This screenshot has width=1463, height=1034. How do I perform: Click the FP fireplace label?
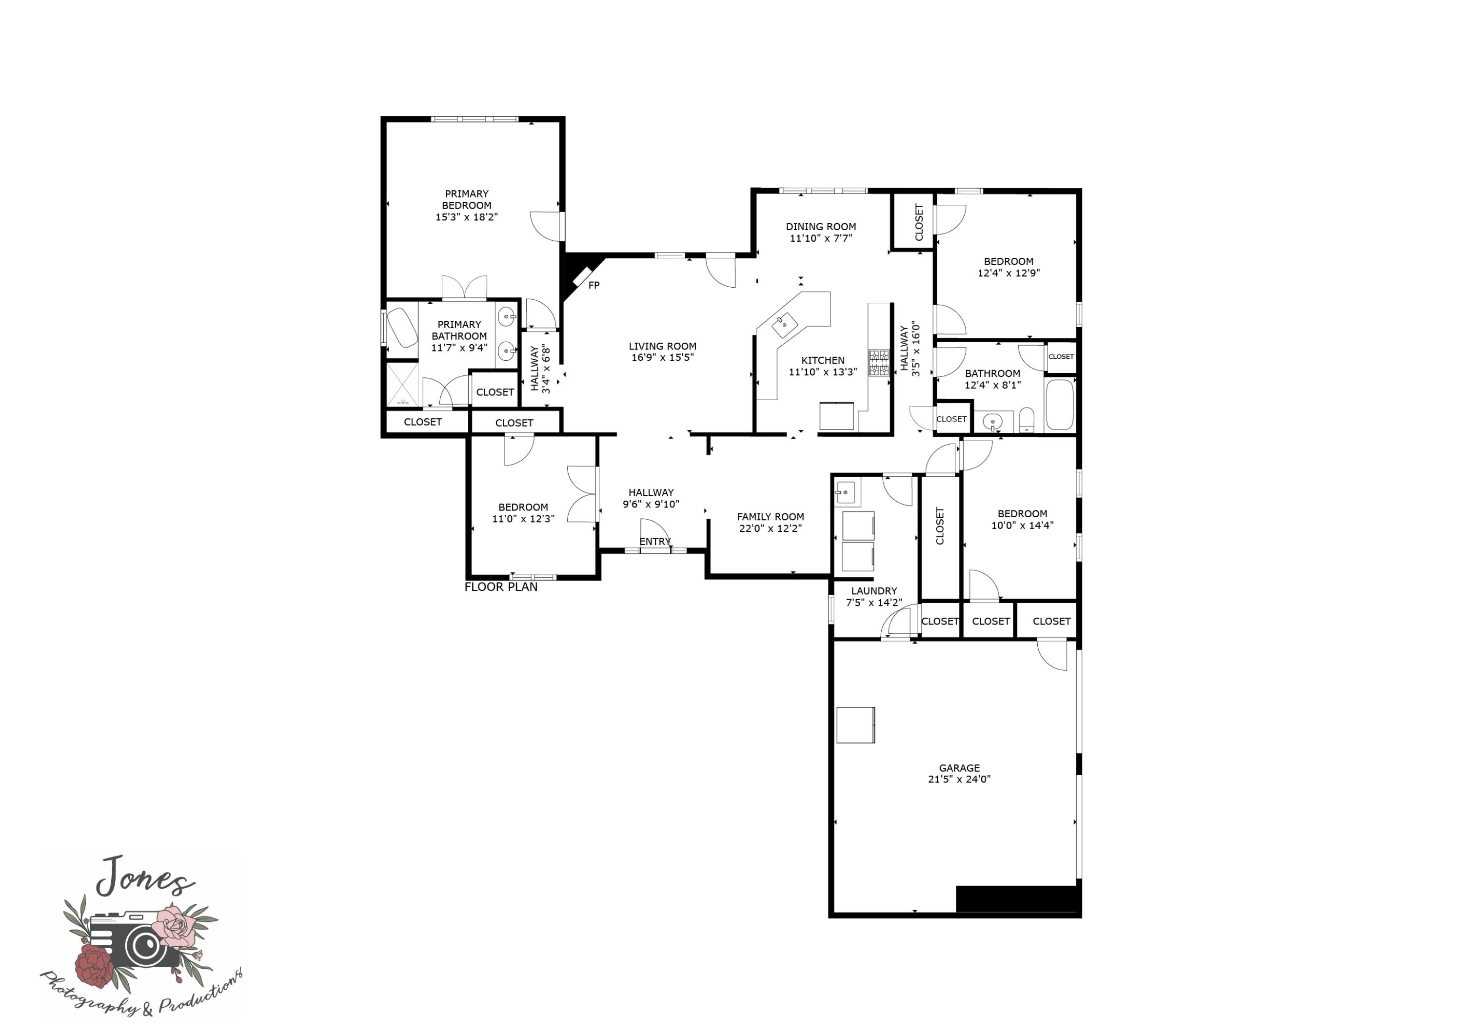point(594,285)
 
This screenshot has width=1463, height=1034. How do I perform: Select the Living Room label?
point(663,347)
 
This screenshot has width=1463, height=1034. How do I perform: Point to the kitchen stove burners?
point(879,363)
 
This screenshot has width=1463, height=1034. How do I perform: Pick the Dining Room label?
point(821,227)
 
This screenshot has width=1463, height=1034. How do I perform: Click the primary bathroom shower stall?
point(403,384)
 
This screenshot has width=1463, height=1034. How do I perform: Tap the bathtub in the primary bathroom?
point(402,328)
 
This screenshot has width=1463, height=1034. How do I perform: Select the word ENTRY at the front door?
point(655,542)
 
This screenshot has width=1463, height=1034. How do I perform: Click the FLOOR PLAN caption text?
point(501,587)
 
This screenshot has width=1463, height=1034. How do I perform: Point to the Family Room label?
point(771,517)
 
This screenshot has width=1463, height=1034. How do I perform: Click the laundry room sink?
point(846,492)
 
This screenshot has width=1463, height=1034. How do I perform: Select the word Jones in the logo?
point(144,877)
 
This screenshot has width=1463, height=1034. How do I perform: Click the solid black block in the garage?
point(1018,899)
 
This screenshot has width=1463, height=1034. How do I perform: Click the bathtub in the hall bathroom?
point(1060,405)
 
